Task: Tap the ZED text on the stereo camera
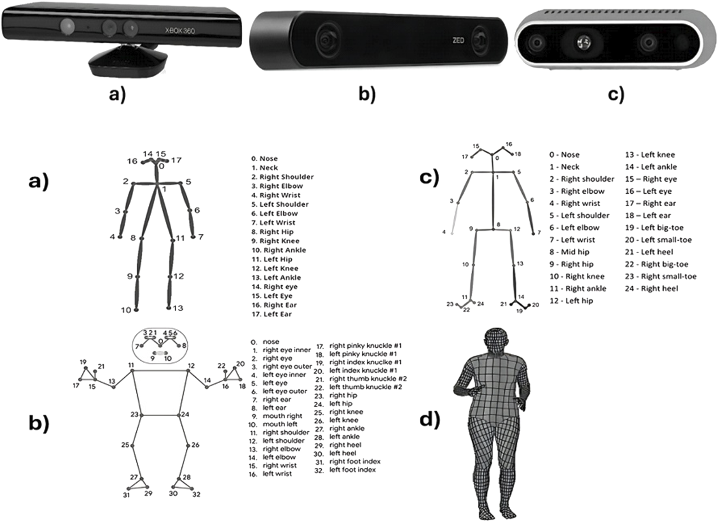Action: pyautogui.click(x=458, y=41)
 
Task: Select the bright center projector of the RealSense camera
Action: pyautogui.click(x=584, y=41)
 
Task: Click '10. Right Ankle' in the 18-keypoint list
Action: pyautogui.click(x=279, y=250)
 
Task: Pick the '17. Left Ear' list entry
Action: pyautogui.click(x=271, y=314)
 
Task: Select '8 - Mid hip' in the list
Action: pyautogui.click(x=569, y=252)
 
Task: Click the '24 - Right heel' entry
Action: pyautogui.click(x=651, y=289)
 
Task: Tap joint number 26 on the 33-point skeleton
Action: pyautogui.click(x=195, y=445)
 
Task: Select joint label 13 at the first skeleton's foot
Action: pyautogui.click(x=178, y=308)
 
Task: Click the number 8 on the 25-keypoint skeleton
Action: pyautogui.click(x=498, y=225)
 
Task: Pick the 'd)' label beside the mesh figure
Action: pyautogui.click(x=430, y=420)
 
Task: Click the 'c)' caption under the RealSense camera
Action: pyautogui.click(x=616, y=94)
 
